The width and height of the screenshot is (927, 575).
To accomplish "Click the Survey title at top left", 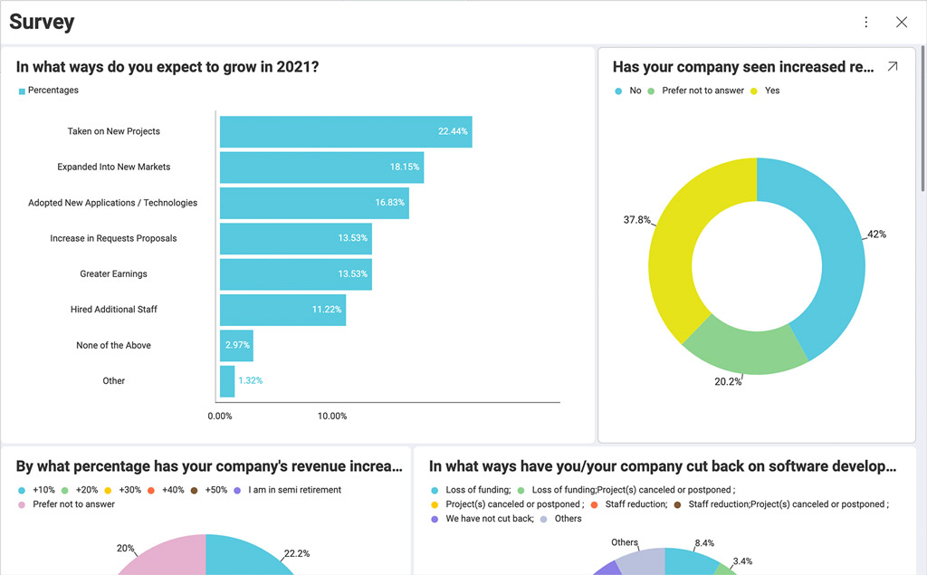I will coord(42,23).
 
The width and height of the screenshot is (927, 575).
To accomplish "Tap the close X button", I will coord(901,23).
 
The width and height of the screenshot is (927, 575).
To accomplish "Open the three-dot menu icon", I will coord(866,23).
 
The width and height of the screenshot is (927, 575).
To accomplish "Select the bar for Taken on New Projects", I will coord(345,131).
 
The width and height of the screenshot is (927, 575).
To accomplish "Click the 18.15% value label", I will coord(405,168).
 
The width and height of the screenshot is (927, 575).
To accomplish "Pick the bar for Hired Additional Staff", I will coord(282,310).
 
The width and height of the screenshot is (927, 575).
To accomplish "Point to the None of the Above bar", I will coord(236,346).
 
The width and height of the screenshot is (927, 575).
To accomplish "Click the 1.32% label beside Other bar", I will coord(251,381).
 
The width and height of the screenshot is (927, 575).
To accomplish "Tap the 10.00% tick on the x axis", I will coord(332,417).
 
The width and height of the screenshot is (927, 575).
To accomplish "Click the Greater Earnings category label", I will coord(113,274).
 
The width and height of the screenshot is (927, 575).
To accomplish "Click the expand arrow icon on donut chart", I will coord(892,67).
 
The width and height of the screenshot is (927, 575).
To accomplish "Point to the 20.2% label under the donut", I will coord(728,382).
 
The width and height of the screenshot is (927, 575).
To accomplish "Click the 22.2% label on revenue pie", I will coord(296,553).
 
